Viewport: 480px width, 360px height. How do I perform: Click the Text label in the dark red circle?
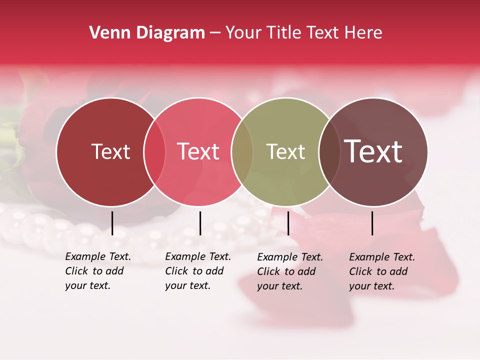point(110,151)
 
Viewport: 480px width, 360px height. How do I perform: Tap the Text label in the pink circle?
point(198,151)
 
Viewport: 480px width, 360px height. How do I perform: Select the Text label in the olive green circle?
point(285,151)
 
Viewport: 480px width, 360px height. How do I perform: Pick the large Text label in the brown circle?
point(373,151)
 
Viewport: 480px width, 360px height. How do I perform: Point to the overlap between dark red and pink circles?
point(154,152)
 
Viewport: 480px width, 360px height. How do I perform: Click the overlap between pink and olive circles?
point(242,152)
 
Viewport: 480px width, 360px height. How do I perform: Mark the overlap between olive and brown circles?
point(329,152)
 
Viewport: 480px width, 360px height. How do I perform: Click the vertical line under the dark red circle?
point(112,223)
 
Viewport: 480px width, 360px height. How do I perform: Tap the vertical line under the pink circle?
point(200,223)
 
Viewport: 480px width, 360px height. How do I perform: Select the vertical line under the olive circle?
point(288,223)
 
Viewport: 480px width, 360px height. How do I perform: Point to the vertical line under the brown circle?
point(372,223)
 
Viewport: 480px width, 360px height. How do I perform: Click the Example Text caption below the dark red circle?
point(98,271)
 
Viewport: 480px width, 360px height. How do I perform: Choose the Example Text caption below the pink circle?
point(198,271)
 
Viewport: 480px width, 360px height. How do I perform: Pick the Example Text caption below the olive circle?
point(290,271)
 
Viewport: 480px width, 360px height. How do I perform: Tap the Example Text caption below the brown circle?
point(382,271)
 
